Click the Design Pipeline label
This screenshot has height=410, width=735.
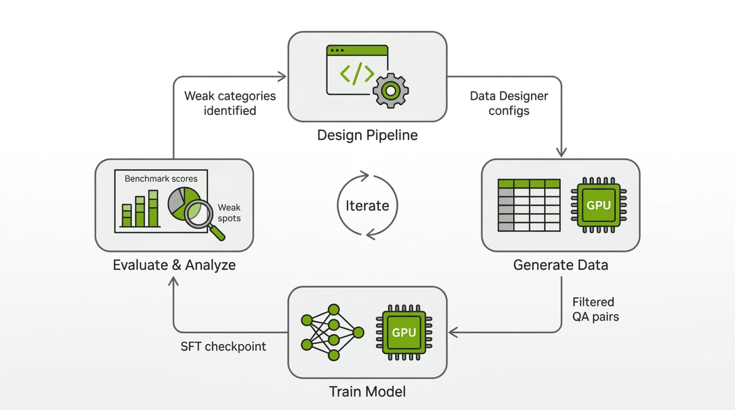pyautogui.click(x=367, y=135)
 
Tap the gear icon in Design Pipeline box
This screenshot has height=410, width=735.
pyautogui.click(x=390, y=91)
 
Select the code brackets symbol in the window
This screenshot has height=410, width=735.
pyautogui.click(x=357, y=74)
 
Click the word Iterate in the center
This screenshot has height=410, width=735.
pyautogui.click(x=367, y=206)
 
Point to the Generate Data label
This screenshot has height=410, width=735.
pyautogui.click(x=560, y=265)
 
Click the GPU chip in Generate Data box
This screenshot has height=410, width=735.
pyautogui.click(x=598, y=205)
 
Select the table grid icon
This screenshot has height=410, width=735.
pyautogui.click(x=529, y=206)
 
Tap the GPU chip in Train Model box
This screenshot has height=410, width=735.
pyautogui.click(x=404, y=332)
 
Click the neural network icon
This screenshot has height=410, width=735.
pyautogui.click(x=332, y=332)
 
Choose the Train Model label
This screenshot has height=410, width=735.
pyautogui.click(x=367, y=392)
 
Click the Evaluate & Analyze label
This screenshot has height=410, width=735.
pyautogui.click(x=174, y=265)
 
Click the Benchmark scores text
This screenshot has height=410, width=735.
pyautogui.click(x=161, y=179)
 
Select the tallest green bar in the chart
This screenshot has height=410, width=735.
pyautogui.click(x=153, y=209)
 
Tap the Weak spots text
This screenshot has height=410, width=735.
pyautogui.click(x=229, y=212)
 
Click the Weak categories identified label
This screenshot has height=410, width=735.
pyautogui.click(x=230, y=103)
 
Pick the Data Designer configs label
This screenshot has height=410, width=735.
pyautogui.click(x=509, y=103)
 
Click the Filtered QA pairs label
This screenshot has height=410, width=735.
pyautogui.click(x=595, y=309)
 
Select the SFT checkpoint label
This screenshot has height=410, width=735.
pyautogui.click(x=223, y=346)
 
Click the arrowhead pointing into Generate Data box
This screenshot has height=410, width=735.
pyautogui.click(x=561, y=153)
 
